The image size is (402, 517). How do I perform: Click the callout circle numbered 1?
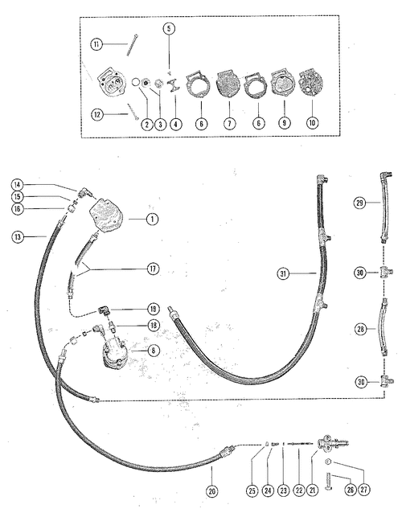(x=152, y=219)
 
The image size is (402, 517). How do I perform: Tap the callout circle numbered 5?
(x=169, y=29)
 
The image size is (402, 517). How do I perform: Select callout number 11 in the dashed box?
(x=96, y=44)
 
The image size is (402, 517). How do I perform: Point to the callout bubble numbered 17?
(x=153, y=269)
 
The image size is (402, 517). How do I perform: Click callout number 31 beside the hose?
(x=283, y=273)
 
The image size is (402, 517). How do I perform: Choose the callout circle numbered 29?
(x=359, y=203)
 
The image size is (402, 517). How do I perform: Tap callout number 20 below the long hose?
(x=211, y=491)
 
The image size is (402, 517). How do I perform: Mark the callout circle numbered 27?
(x=363, y=490)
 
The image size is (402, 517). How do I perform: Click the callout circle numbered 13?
(x=18, y=236)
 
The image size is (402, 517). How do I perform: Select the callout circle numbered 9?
(x=285, y=123)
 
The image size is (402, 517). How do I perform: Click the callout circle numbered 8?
(x=153, y=351)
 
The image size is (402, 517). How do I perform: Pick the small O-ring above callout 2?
(x=135, y=82)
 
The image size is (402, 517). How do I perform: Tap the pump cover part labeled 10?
(x=312, y=83)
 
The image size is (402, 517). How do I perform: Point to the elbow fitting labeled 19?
(x=104, y=310)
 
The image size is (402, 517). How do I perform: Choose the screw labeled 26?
(x=330, y=475)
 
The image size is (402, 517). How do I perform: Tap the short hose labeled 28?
(x=384, y=327)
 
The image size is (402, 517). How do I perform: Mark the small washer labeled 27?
(x=328, y=462)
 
